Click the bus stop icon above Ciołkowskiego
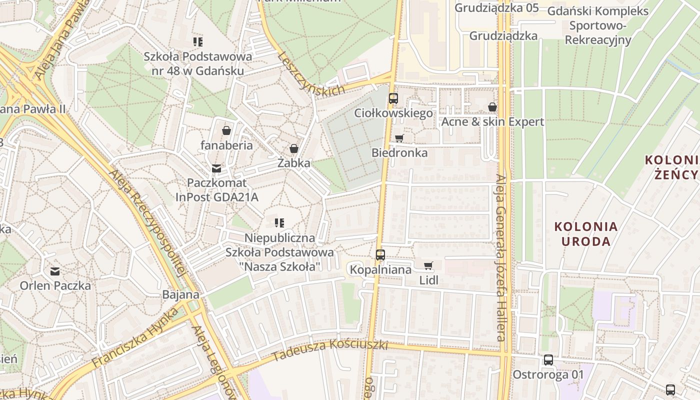pyautogui.click(x=393, y=98)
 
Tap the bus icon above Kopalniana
pyautogui.click(x=380, y=255)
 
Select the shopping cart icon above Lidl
pyautogui.click(x=428, y=266)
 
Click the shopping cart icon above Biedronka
pyautogui.click(x=399, y=138)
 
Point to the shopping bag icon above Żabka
pyautogui.click(x=294, y=148)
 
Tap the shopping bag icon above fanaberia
pyautogui.click(x=226, y=130)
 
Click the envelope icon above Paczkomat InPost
pyautogui.click(x=216, y=168)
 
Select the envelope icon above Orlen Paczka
pyautogui.click(x=55, y=271)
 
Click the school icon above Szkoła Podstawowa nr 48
pyautogui.click(x=198, y=41)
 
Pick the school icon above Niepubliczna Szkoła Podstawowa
pyautogui.click(x=279, y=223)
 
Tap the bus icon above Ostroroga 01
pyautogui.click(x=548, y=360)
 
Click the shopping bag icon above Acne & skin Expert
pyautogui.click(x=492, y=107)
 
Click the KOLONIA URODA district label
pyautogui.click(x=586, y=234)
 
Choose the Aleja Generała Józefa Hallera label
pyautogui.click(x=501, y=257)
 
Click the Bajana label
pyautogui.click(x=180, y=294)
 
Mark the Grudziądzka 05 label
pyautogui.click(x=496, y=7)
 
